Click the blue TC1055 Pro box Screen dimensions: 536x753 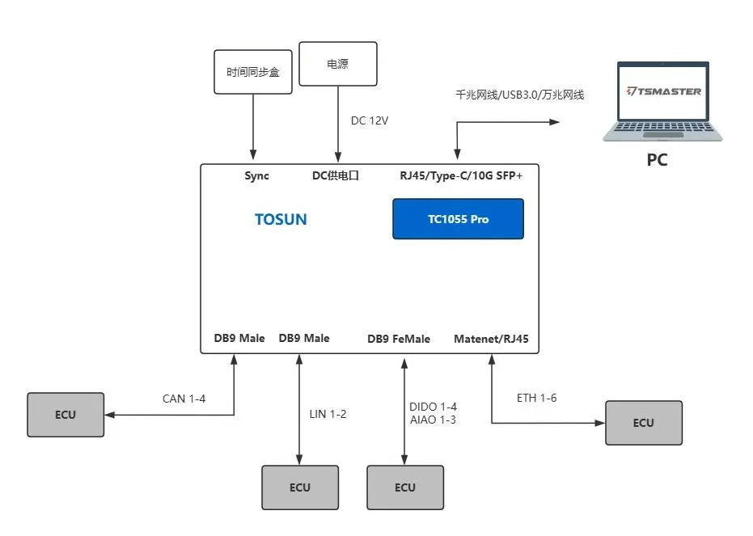tap(458, 219)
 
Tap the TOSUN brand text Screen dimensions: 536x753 tap(281, 219)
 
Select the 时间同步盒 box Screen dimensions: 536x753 tap(252, 72)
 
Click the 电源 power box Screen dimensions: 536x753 tap(337, 64)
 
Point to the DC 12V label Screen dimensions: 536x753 tap(370, 120)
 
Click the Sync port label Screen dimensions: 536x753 tap(257, 175)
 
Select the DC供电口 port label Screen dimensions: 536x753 tap(335, 175)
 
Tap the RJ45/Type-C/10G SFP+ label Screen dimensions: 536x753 tap(461, 175)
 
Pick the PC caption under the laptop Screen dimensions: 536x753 tap(657, 160)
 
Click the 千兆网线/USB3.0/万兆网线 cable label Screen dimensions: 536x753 tap(520, 95)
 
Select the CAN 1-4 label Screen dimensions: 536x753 tap(184, 398)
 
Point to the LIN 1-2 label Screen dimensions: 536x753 tap(328, 414)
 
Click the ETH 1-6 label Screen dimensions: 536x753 tap(536, 398)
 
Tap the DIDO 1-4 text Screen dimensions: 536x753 tap(434, 406)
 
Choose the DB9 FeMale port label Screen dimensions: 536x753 tap(399, 339)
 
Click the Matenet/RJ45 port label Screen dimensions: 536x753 tap(491, 339)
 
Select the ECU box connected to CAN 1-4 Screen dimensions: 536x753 tap(66, 415)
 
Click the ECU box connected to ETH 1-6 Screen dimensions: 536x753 tap(643, 423)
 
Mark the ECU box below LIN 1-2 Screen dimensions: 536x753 tap(299, 487)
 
